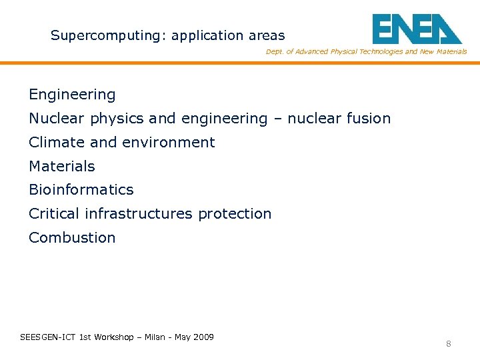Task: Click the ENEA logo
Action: (417, 29)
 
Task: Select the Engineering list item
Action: (72, 95)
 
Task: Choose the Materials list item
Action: (62, 167)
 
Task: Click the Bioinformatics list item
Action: (81, 190)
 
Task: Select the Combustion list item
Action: (72, 238)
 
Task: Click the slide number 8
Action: (449, 344)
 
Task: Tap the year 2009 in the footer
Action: (203, 337)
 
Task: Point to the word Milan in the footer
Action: (155, 337)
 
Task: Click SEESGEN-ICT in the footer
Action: (48, 337)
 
